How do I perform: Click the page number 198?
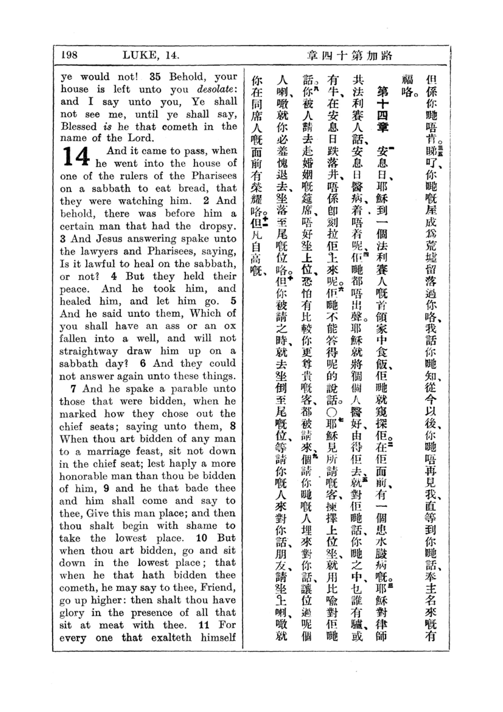(x=69, y=55)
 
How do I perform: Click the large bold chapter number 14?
(x=76, y=156)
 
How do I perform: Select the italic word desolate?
(x=217, y=89)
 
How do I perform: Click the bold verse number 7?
(x=73, y=388)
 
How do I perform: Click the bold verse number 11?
(x=204, y=625)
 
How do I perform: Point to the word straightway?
(x=89, y=351)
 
